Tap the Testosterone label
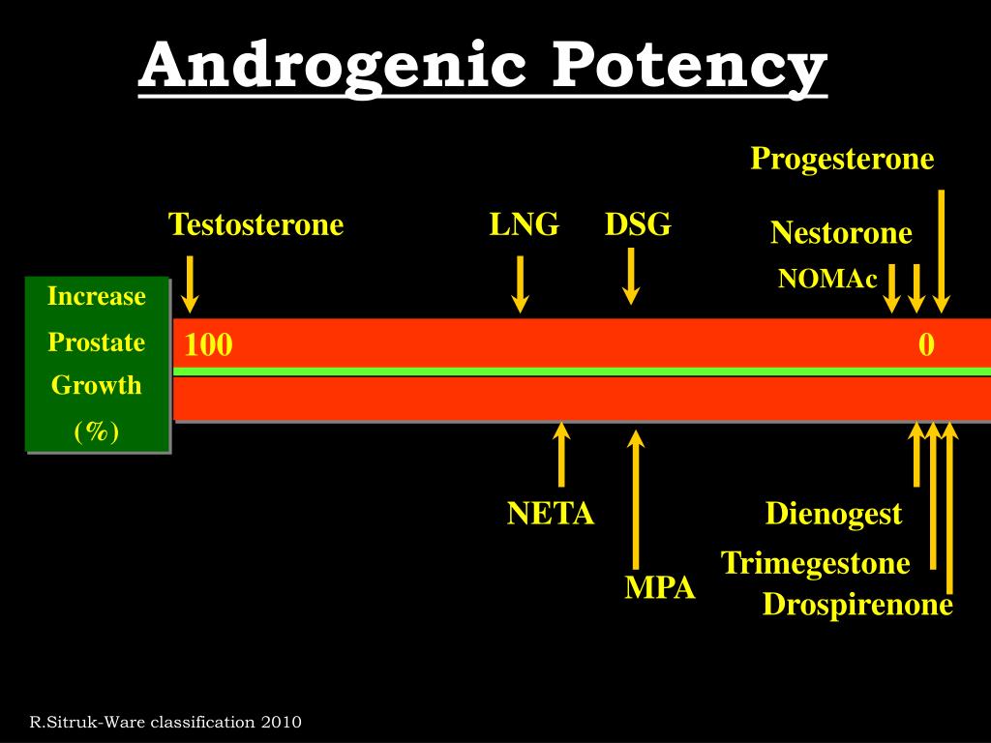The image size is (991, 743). tap(255, 224)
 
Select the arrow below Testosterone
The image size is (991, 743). tap(190, 284)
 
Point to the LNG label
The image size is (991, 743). tap(525, 224)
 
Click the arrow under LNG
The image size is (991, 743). tap(520, 284)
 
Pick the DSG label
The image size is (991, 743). tap(638, 224)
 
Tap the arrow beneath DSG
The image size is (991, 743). tap(631, 276)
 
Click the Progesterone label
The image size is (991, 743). tap(843, 159)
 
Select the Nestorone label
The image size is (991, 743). tap(841, 232)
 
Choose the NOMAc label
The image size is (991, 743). tap(827, 278)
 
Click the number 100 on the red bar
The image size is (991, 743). tap(209, 345)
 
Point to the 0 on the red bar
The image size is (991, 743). tap(926, 345)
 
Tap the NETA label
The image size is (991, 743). tap(551, 514)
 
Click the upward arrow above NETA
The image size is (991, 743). tap(560, 455)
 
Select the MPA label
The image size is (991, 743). tap(660, 587)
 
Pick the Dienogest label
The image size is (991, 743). tap(833, 514)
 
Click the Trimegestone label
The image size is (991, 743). tap(815, 563)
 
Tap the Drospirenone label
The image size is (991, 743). tap(857, 605)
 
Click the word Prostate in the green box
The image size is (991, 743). tap(97, 342)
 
